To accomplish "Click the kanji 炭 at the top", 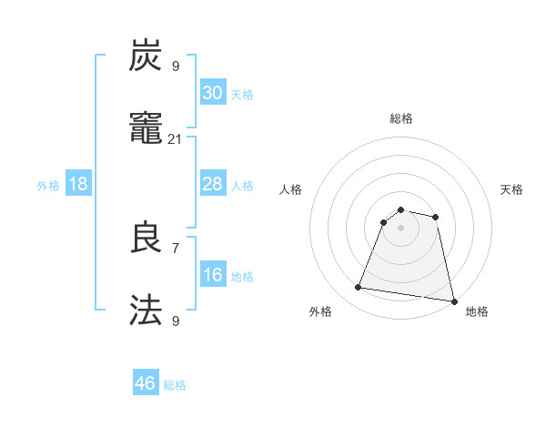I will [x=147, y=56].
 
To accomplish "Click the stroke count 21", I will [x=176, y=138].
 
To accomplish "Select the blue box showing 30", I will [x=212, y=93].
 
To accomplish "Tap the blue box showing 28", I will [x=212, y=184].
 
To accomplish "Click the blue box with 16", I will [x=212, y=275].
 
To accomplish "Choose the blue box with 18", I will [x=78, y=184].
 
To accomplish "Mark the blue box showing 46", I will [x=146, y=383].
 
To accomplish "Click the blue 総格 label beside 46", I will [x=175, y=385].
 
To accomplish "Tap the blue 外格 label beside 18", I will [x=48, y=186].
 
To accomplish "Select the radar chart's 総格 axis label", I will [x=401, y=118].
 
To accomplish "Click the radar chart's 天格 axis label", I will [x=512, y=189].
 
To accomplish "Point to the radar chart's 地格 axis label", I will [x=477, y=312].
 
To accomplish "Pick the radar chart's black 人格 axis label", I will [x=291, y=189].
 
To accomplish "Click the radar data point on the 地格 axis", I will [x=453, y=300].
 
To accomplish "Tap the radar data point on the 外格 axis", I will [x=359, y=288].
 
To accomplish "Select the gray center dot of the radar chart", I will [x=401, y=228].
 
